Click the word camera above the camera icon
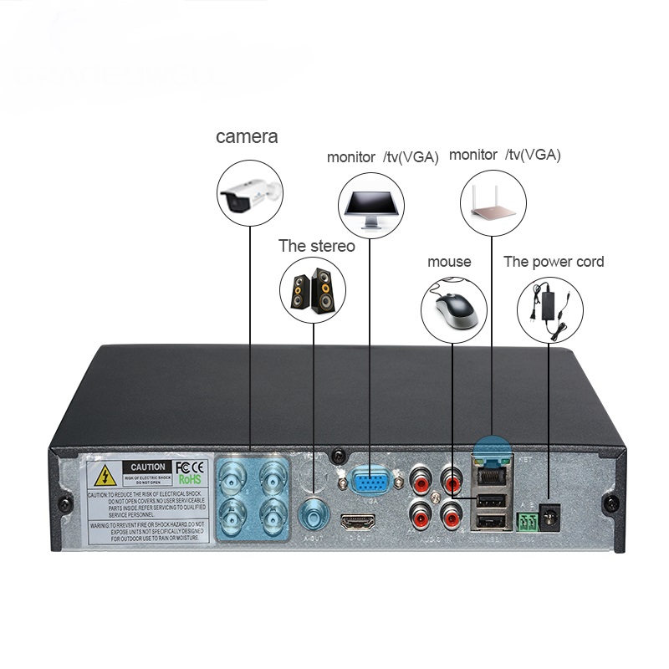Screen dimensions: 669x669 point(247,136)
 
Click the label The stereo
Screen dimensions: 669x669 point(316,246)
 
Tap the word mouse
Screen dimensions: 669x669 point(449,262)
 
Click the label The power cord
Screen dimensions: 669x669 point(554,262)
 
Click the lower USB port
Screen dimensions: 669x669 point(490,522)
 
